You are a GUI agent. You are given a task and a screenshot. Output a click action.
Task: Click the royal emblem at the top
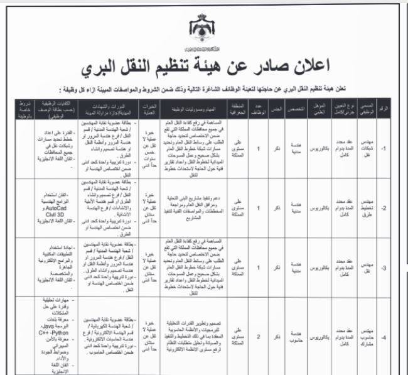(x=203, y=33)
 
